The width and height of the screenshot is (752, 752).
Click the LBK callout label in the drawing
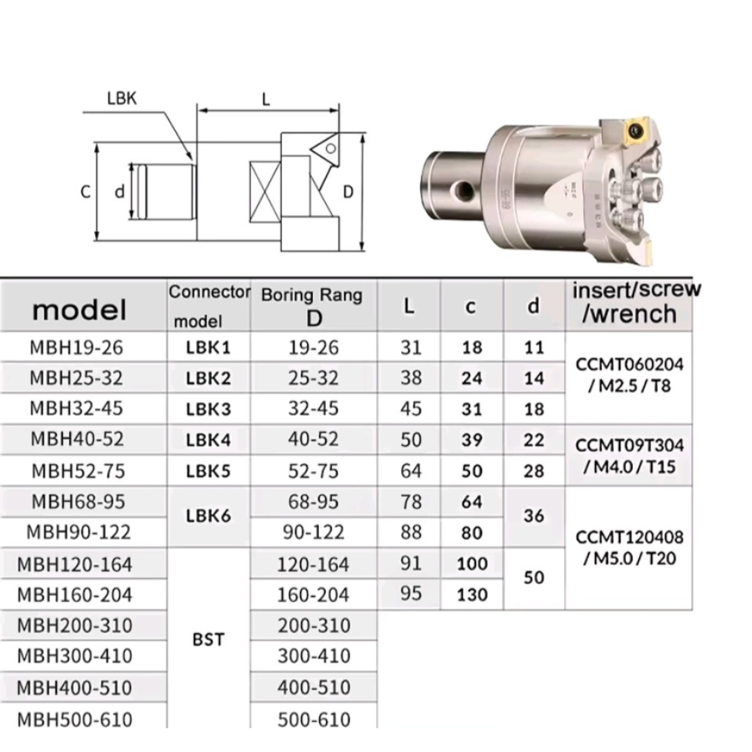point(122,99)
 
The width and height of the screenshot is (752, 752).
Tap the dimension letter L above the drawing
point(266,100)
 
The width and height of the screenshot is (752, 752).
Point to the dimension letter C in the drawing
point(85,192)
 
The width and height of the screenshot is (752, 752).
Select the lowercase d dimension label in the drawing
point(120,192)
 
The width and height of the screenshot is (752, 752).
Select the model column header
point(80,310)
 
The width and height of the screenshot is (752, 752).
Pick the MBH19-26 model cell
point(76,347)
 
